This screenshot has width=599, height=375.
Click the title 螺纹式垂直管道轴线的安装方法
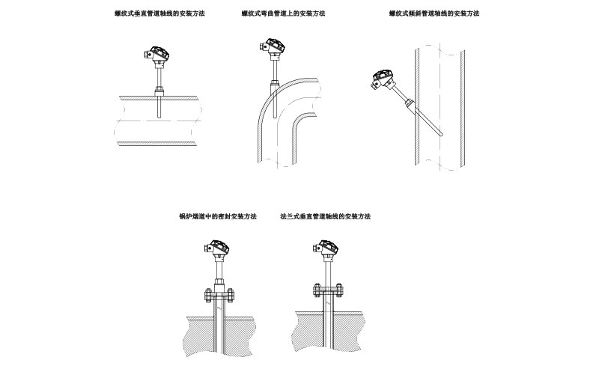pyautogui.click(x=159, y=13)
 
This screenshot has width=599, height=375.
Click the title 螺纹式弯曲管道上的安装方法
pyautogui.click(x=283, y=13)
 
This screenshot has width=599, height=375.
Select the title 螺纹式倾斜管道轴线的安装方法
pyautogui.click(x=434, y=13)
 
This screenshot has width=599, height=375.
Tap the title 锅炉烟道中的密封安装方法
pyautogui.click(x=218, y=216)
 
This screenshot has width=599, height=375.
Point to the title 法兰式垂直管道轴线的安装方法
pyautogui.click(x=326, y=216)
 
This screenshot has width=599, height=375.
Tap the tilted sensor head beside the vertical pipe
pyautogui.click(x=383, y=79)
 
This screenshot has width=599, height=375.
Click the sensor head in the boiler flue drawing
pyautogui.click(x=216, y=249)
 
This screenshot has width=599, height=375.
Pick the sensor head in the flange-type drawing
pyautogui.click(x=326, y=249)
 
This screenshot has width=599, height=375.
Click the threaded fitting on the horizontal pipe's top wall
pyautogui.click(x=159, y=91)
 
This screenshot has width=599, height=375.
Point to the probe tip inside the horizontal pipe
pyautogui.click(x=159, y=116)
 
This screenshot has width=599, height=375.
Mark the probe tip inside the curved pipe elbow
pyautogui.click(x=274, y=116)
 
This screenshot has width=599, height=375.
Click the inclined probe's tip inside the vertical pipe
pyautogui.click(x=441, y=135)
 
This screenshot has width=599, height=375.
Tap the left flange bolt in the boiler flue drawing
pyautogui.click(x=208, y=295)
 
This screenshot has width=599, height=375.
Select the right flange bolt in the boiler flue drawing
pyautogui.click(x=230, y=295)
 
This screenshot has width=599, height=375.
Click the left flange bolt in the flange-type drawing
pyautogui.click(x=317, y=290)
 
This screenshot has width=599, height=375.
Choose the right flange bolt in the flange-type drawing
pyautogui.click(x=338, y=290)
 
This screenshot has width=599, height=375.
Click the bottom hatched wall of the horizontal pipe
pyautogui.click(x=157, y=144)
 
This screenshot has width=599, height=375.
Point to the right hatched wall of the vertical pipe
pyautogui.click(x=462, y=108)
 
